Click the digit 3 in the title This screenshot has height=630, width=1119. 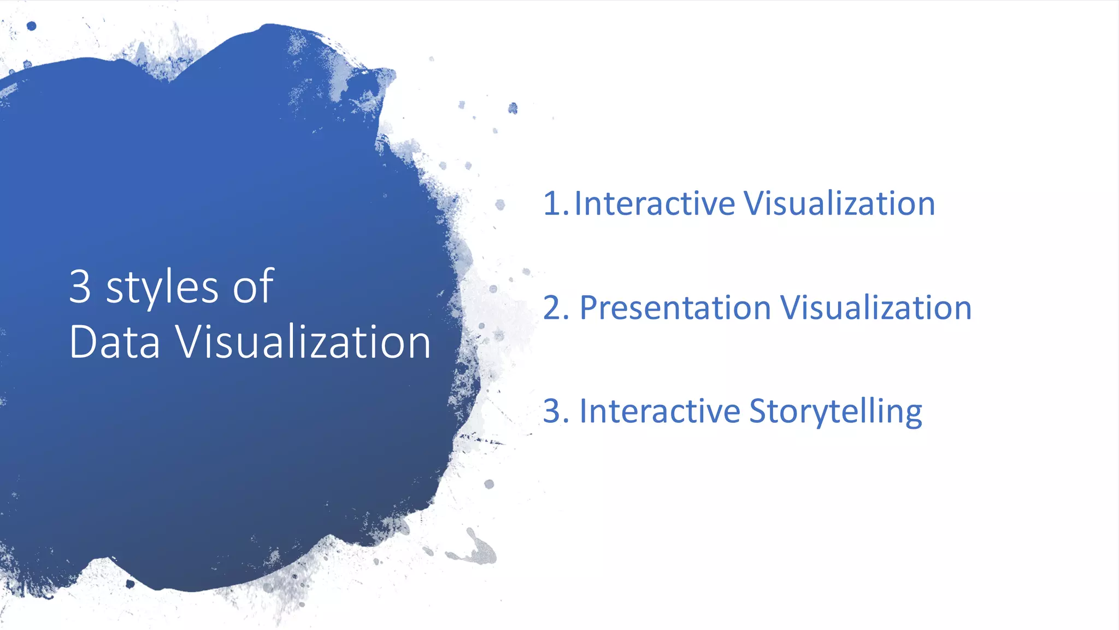(x=80, y=286)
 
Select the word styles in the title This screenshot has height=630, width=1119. (x=163, y=288)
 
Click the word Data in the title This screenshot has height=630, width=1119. (x=115, y=342)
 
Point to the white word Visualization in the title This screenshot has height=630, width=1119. (x=303, y=342)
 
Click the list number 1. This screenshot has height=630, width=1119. (x=553, y=203)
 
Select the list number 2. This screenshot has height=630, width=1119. (x=555, y=307)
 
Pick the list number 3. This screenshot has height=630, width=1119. (x=555, y=411)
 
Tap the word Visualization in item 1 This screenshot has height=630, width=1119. (x=840, y=203)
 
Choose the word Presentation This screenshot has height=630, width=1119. (x=675, y=307)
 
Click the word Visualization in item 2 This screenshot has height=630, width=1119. (x=876, y=307)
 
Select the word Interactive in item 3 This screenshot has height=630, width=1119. (x=659, y=411)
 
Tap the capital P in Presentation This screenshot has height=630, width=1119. (x=588, y=307)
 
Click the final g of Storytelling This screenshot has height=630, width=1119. (x=912, y=416)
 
